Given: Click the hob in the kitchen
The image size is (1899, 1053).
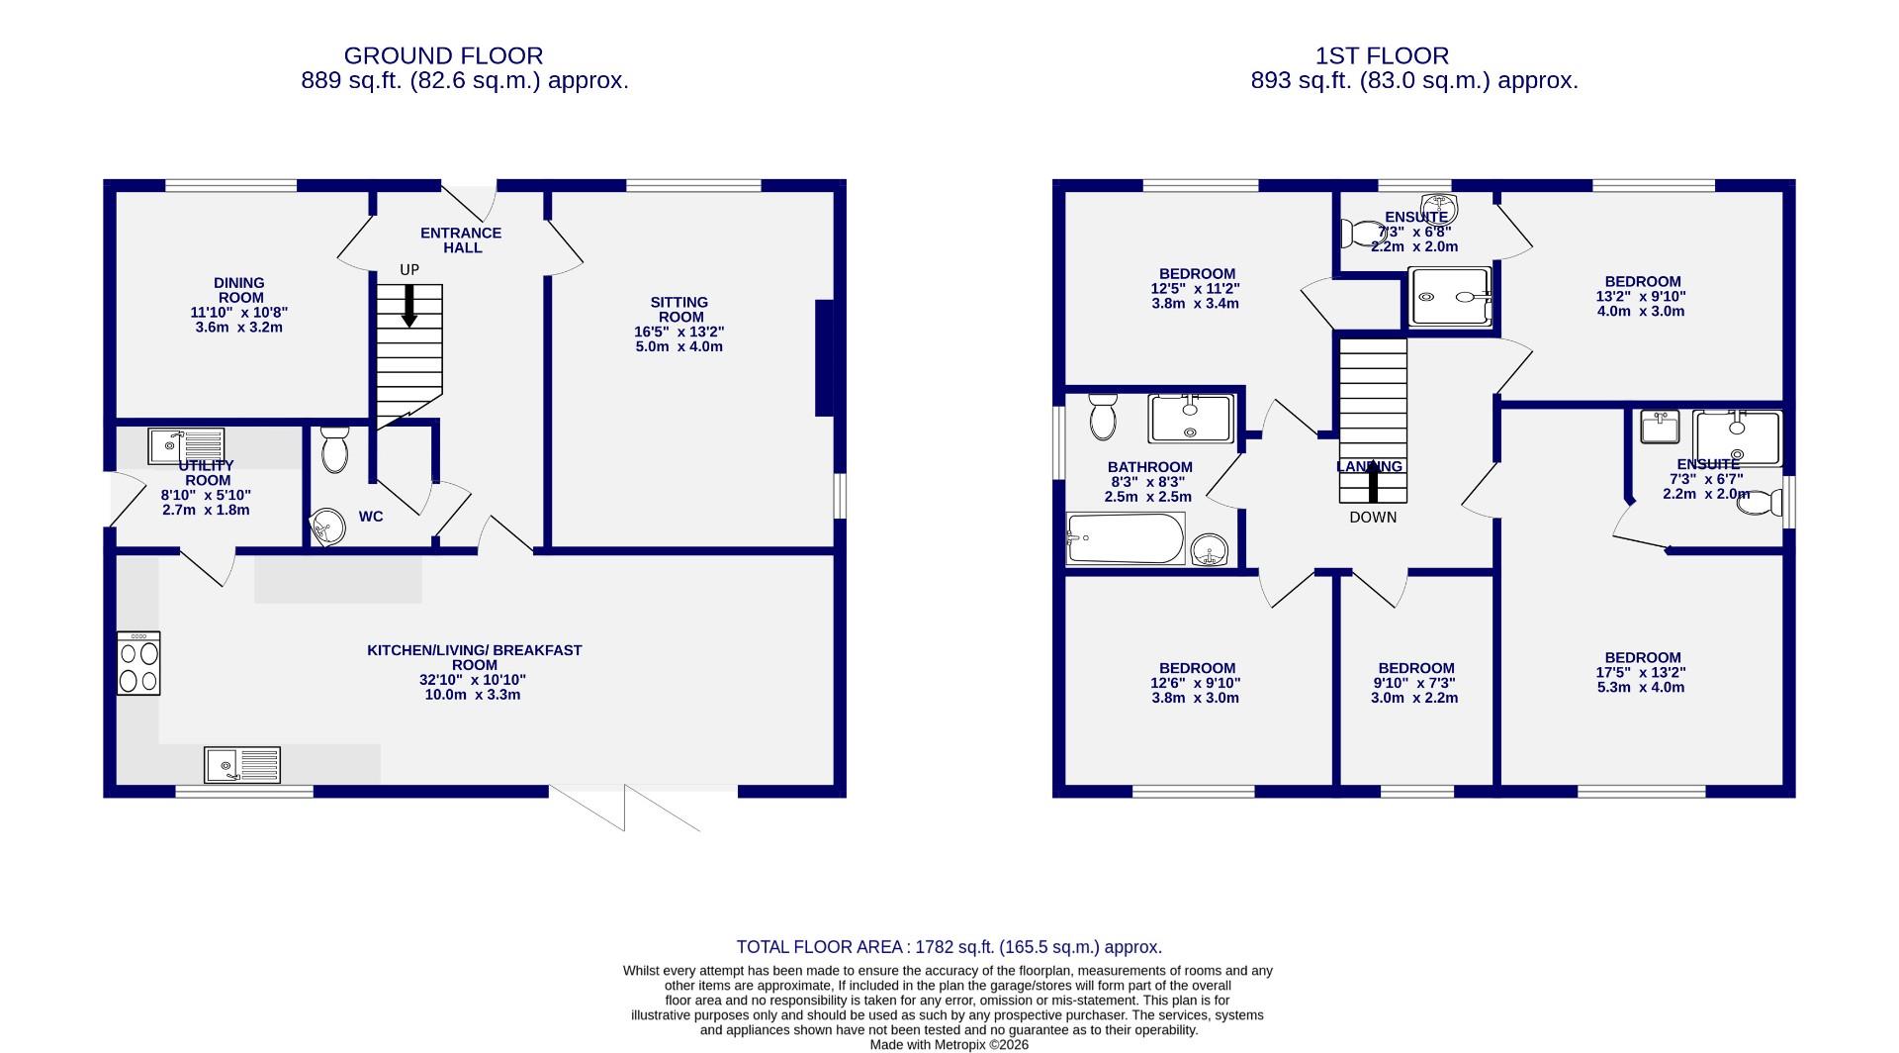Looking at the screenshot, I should pyautogui.click(x=138, y=663).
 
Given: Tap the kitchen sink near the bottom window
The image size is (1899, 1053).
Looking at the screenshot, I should pyautogui.click(x=242, y=765).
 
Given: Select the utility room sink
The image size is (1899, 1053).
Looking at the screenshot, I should pyautogui.click(x=186, y=445).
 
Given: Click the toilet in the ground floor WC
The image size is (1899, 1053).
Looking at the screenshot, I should pyautogui.click(x=335, y=450).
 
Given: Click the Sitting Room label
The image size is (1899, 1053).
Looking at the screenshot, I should pyautogui.click(x=679, y=310).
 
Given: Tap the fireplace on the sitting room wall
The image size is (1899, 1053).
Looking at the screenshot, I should pyautogui.click(x=823, y=358).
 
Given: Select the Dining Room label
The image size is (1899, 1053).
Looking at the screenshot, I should pyautogui.click(x=239, y=290).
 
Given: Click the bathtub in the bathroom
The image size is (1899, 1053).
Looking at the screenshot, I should pyautogui.click(x=1126, y=538).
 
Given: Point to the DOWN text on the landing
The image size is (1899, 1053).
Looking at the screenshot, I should pyautogui.click(x=1373, y=517).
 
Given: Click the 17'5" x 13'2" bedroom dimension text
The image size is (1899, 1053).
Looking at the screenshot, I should pyautogui.click(x=1642, y=672).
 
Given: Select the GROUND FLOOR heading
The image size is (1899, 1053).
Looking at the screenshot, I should pyautogui.click(x=443, y=56).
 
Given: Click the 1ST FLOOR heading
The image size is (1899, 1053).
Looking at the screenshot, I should pyautogui.click(x=1382, y=56).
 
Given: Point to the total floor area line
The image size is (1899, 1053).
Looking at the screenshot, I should pyautogui.click(x=949, y=947).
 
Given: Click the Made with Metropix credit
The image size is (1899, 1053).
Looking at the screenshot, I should pyautogui.click(x=949, y=1044).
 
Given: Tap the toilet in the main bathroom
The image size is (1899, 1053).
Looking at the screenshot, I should pyautogui.click(x=1102, y=416).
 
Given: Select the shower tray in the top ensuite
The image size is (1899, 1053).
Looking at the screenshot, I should pyautogui.click(x=1449, y=296).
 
